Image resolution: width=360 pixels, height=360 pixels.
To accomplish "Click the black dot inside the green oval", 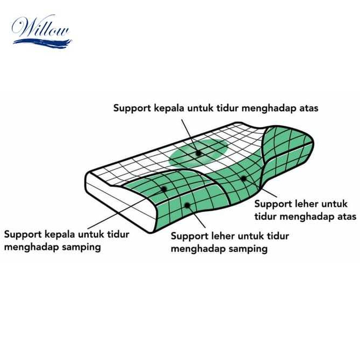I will [198, 153].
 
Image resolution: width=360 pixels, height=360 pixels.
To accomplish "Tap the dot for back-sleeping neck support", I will [243, 177].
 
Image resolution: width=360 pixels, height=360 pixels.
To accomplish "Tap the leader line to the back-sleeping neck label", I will [263, 188].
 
